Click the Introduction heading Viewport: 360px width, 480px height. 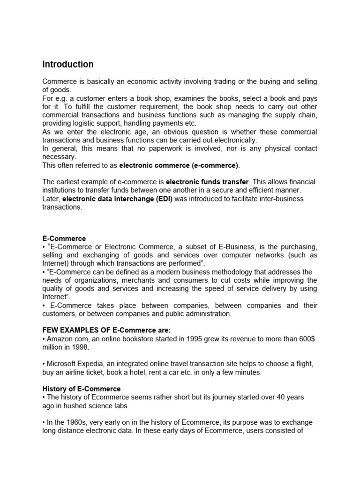click(68, 64)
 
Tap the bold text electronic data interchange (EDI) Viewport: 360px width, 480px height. click(118, 199)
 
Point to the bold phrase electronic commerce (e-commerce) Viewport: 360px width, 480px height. click(179, 165)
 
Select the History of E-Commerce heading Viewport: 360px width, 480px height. click(82, 389)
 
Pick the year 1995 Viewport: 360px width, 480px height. click(180, 338)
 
